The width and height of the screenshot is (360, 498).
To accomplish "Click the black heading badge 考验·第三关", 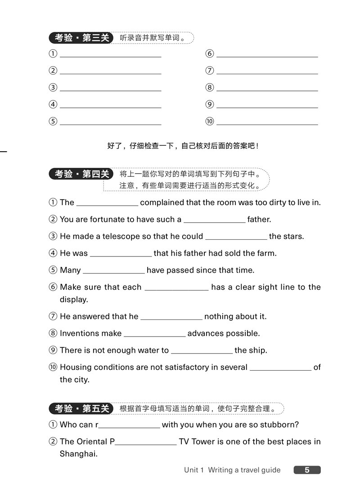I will coord(81,38).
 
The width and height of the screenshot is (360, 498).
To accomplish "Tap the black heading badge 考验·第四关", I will coord(81,174).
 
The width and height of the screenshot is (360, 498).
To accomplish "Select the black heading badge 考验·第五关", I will coord(81,408).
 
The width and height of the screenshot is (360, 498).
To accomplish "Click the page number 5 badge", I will coord(307,470).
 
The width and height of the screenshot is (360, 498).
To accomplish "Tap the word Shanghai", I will coord(79,454).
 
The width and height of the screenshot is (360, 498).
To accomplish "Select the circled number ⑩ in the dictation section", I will coord(210,121).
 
